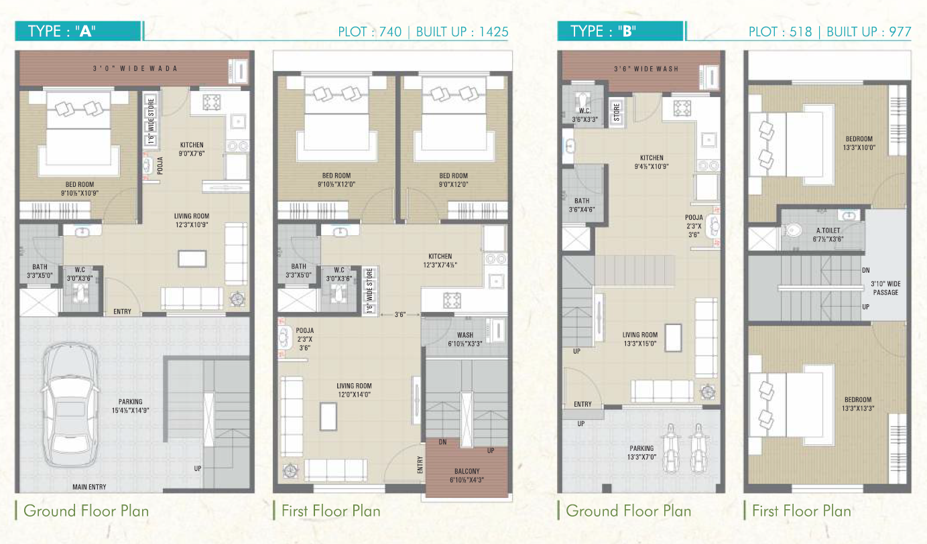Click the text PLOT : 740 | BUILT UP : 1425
point(423,32)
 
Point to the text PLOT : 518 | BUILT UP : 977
point(830,32)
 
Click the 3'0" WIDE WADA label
point(125,69)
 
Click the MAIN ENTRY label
point(89,487)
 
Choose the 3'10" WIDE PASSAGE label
point(885,287)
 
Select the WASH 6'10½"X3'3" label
point(465,339)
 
